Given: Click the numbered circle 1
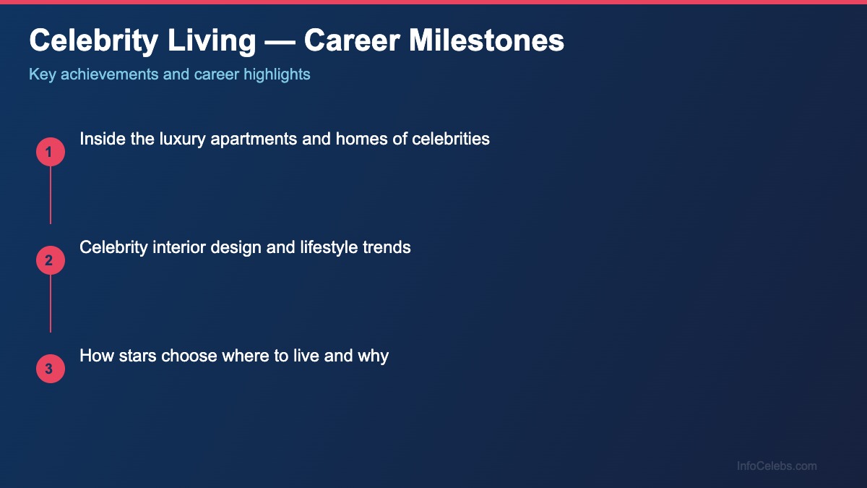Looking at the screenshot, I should [x=51, y=152].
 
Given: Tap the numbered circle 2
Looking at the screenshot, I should [x=51, y=260].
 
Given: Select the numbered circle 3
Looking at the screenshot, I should [x=51, y=369].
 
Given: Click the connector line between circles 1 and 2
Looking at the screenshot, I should [x=51, y=195].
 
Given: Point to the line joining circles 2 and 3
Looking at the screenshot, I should [x=51, y=304].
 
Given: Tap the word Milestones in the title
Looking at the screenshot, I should [x=488, y=41].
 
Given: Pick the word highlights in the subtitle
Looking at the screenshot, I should [x=277, y=74].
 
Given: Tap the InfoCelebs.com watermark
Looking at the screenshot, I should [x=777, y=466].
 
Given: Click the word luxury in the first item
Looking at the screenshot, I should [x=183, y=139].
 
